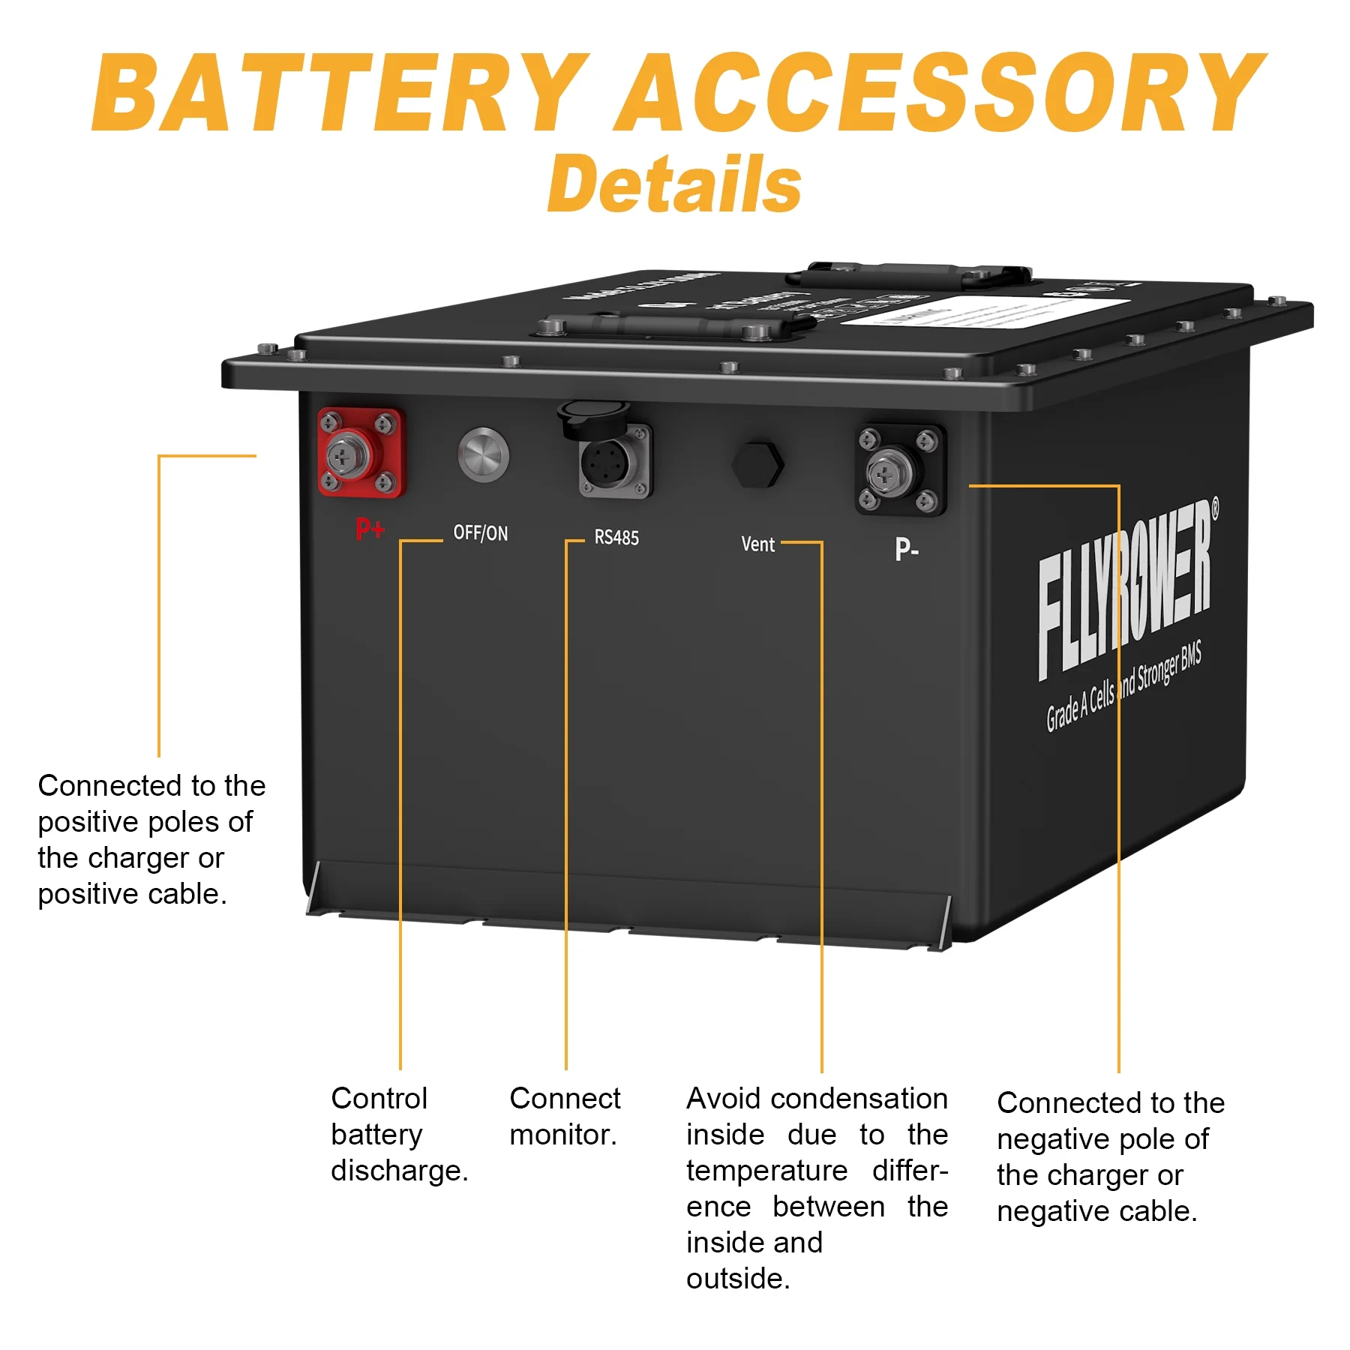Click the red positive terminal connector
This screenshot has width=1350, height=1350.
pyautogui.click(x=361, y=452)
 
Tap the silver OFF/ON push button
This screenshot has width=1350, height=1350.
pyautogui.click(x=483, y=454)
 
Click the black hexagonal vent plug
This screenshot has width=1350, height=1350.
pyautogui.click(x=757, y=464)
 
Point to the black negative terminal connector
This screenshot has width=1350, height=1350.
pyautogui.click(x=900, y=470)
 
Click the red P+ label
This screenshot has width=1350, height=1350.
pyautogui.click(x=370, y=529)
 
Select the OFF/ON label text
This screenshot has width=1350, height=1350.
pyautogui.click(x=480, y=533)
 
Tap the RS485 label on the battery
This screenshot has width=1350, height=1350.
pyautogui.click(x=616, y=538)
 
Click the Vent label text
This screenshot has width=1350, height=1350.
pyautogui.click(x=757, y=544)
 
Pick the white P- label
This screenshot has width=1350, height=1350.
pyautogui.click(x=906, y=550)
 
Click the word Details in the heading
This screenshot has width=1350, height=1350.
pyautogui.click(x=674, y=184)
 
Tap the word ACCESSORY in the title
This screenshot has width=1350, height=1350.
pyautogui.click(x=941, y=94)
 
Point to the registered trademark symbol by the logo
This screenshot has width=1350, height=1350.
pyautogui.click(x=1214, y=508)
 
